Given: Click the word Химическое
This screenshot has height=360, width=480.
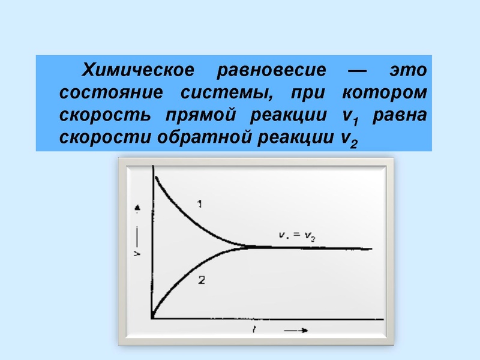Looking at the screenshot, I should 138,70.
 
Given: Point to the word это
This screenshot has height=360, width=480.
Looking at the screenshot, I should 408,70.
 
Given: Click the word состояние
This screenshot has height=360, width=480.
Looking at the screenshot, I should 110,93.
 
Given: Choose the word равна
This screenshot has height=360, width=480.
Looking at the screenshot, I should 400,115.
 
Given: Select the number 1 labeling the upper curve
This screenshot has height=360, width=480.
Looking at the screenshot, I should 199,205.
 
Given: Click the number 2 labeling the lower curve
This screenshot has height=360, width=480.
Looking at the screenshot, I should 202,278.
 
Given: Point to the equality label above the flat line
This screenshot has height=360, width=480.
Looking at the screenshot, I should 298,236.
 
